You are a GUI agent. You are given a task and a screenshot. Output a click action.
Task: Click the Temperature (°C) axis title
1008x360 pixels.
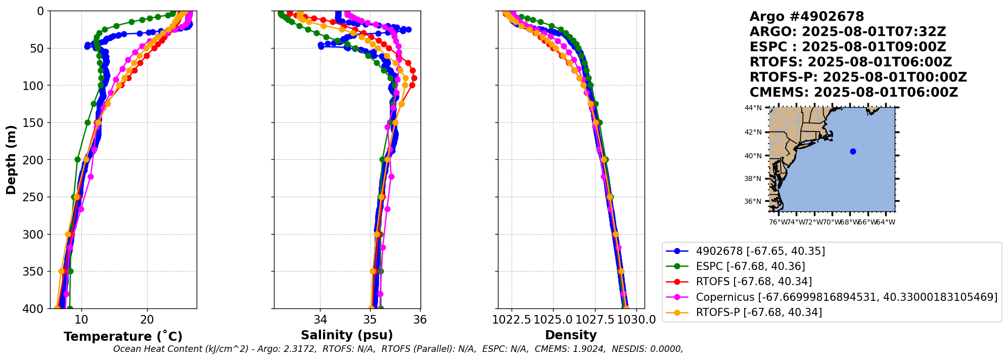click(123, 336)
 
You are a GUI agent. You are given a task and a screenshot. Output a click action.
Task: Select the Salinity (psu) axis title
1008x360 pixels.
click(347, 335)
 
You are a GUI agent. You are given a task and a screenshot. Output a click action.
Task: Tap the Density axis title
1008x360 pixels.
click(571, 335)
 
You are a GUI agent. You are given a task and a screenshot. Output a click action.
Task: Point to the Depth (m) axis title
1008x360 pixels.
click(11, 160)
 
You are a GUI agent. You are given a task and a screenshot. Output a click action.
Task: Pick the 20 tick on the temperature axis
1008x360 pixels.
click(147, 320)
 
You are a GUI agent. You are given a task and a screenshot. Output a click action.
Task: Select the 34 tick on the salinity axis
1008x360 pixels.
click(320, 320)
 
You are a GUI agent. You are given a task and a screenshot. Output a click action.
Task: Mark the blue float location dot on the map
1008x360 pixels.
click(853, 151)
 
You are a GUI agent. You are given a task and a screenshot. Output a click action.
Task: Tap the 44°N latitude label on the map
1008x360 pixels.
click(753, 108)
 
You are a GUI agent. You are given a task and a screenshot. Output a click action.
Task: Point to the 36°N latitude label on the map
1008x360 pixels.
click(753, 201)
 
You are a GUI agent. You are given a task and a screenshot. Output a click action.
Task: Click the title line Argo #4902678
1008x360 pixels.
click(807, 17)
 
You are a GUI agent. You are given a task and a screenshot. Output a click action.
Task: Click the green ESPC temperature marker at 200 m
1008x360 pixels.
click(78, 159)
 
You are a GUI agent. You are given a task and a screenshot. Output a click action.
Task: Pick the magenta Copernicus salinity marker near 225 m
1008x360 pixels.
click(391, 176)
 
